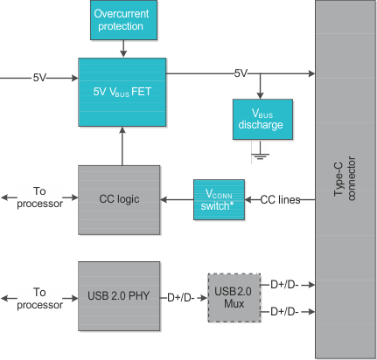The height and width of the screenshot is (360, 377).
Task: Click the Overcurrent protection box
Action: point(123,19)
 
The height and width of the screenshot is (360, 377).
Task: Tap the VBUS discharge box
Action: point(260,120)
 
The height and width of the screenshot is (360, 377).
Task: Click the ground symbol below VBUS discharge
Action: point(260,156)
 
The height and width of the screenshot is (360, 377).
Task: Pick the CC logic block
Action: point(119,198)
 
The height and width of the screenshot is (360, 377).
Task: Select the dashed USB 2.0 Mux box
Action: point(234,297)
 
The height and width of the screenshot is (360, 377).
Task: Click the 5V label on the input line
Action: point(40,77)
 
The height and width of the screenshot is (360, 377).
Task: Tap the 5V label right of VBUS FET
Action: point(241,73)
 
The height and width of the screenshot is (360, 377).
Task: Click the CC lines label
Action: point(280,199)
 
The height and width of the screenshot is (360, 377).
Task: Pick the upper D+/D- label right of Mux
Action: point(285,283)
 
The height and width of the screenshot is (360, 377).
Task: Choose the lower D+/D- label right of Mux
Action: point(285,311)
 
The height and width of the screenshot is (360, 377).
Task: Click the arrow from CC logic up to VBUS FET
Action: point(122,145)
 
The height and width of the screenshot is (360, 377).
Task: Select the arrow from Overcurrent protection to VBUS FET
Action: point(122,48)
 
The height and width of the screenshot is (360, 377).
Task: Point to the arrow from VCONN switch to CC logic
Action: point(177,199)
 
